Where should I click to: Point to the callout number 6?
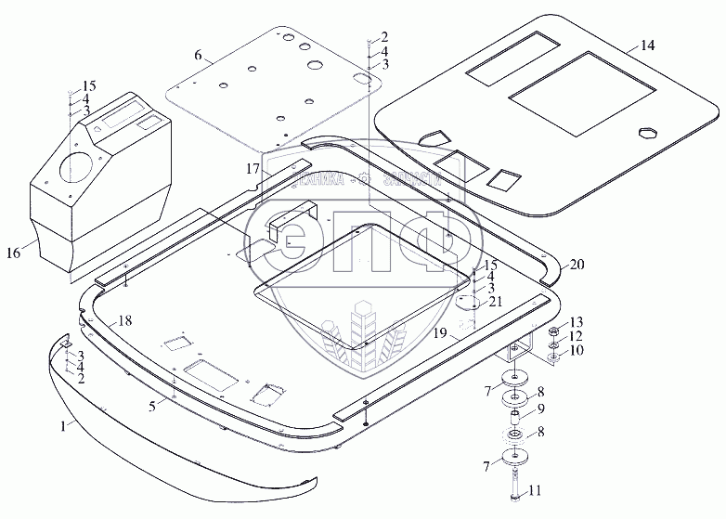(197, 57)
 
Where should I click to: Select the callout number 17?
(251, 169)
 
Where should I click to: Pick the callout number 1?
(63, 425)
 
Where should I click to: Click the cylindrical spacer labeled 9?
(512, 419)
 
